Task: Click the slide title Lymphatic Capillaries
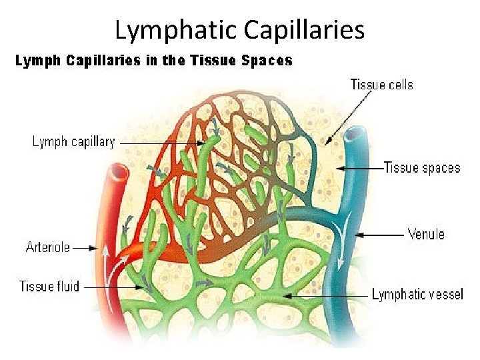239,29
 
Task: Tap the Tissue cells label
381,85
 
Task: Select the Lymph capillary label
73,142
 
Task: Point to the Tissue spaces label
423,167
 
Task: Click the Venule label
425,234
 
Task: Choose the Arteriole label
48,247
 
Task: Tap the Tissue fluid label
49,287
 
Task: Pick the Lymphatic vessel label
417,294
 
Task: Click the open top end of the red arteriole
119,171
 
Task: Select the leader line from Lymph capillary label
160,143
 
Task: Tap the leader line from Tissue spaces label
360,167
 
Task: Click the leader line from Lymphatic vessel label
327,294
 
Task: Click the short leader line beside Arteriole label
85,248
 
